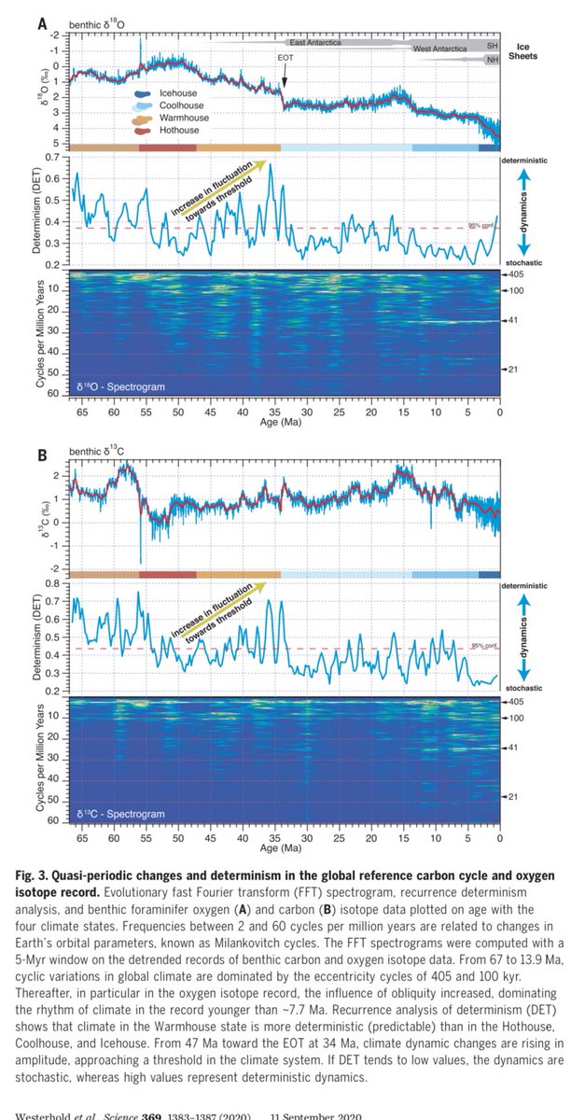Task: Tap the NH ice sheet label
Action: tap(493, 60)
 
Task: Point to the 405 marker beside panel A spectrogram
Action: tap(517, 275)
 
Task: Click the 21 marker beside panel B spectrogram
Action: tap(514, 796)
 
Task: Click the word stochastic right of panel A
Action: tap(525, 266)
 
